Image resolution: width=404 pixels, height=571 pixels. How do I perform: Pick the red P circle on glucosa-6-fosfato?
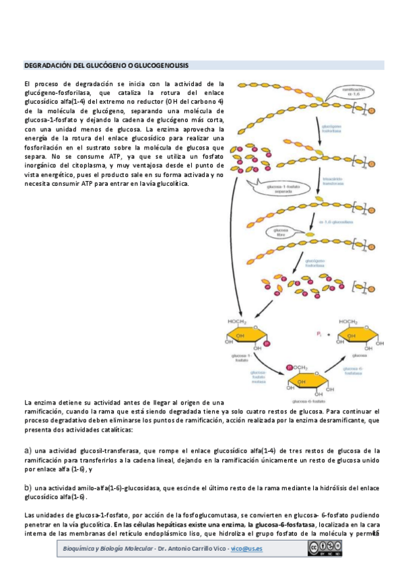click(x=290, y=368)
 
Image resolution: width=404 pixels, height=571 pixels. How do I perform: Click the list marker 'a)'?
click(x=28, y=450)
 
